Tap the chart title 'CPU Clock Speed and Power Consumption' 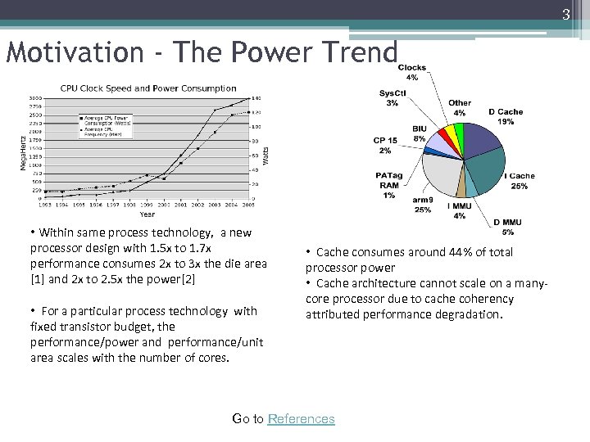[x=148, y=88]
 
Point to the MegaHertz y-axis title [x=22, y=148]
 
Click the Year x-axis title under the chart [x=147, y=214]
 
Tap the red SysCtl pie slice [x=443, y=132]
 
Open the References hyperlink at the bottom [x=302, y=418]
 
